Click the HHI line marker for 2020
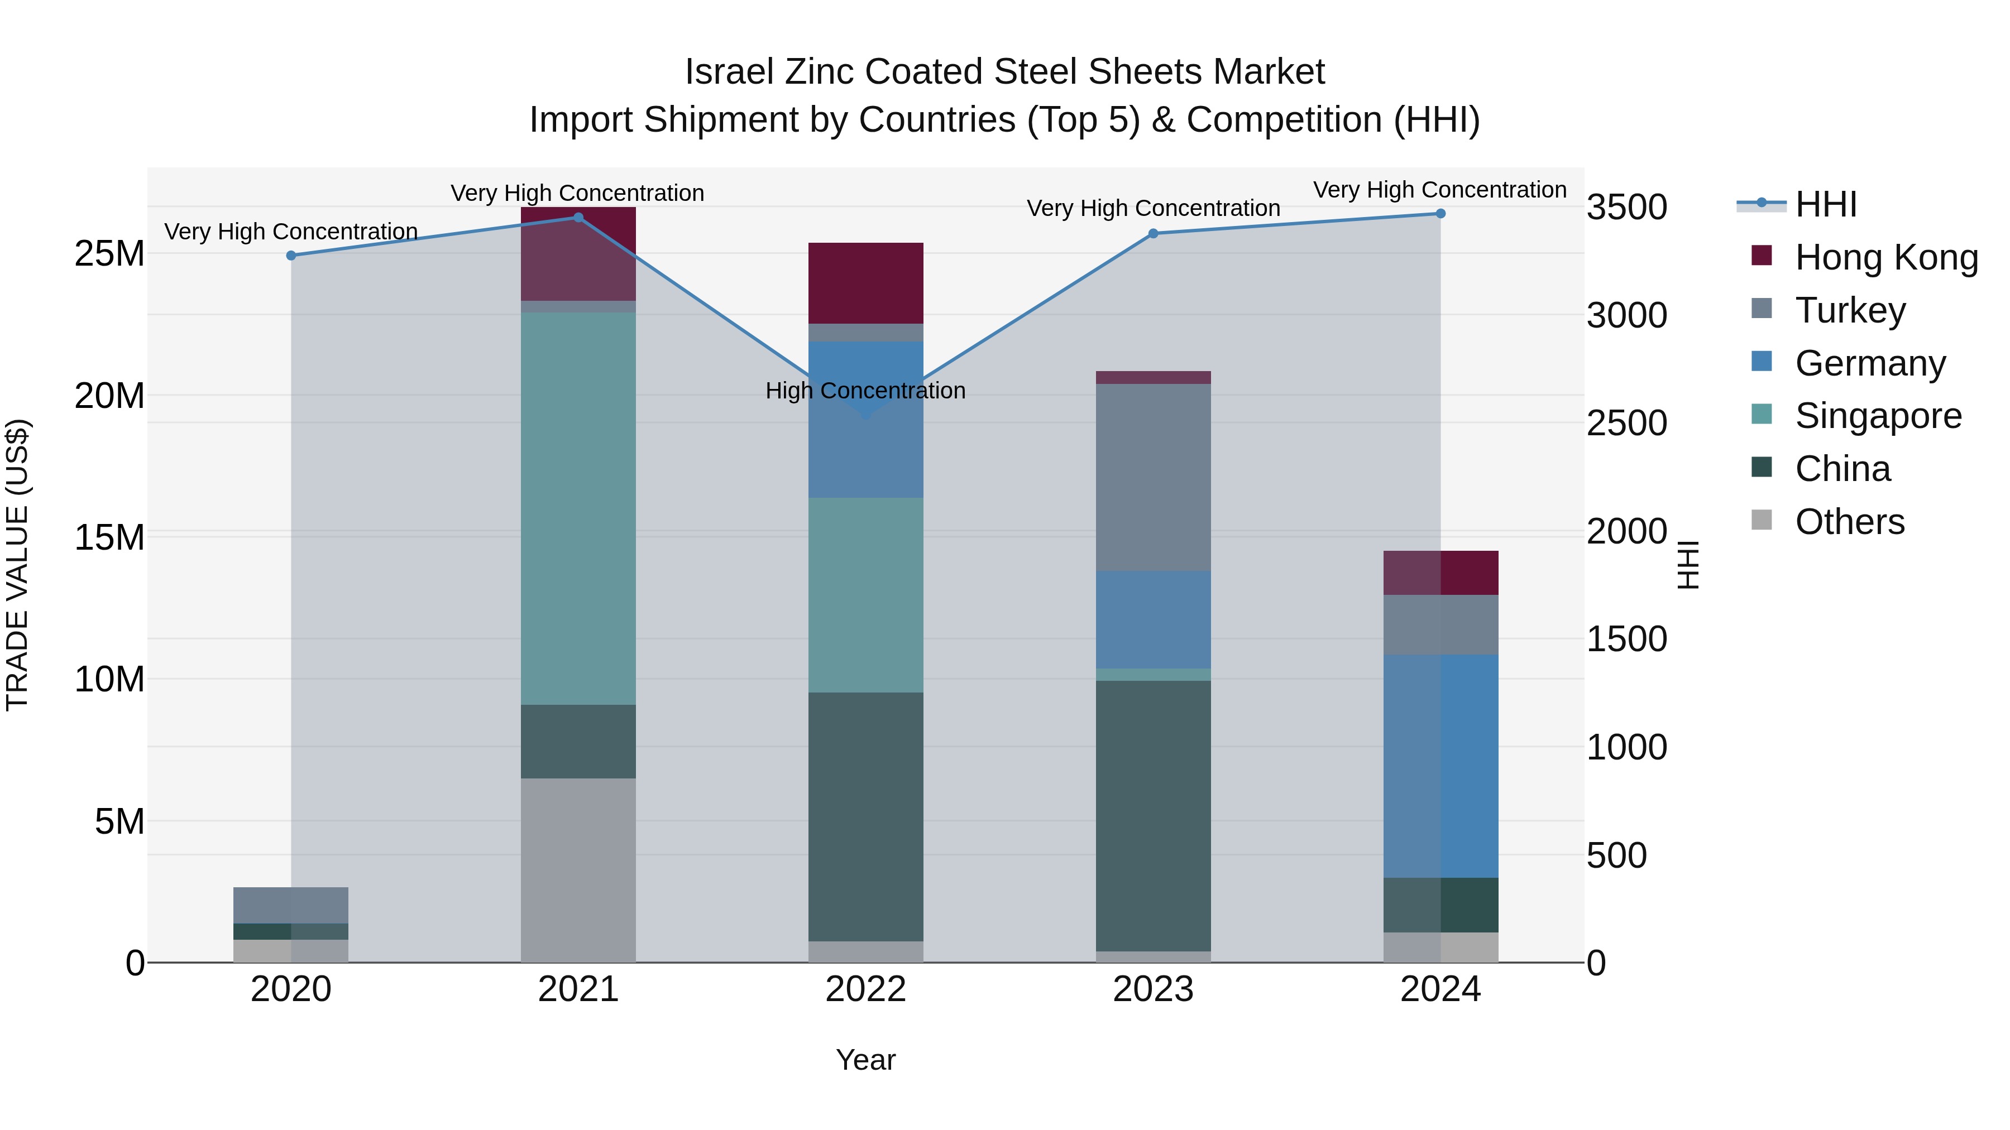(291, 256)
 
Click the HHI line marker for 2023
(1154, 234)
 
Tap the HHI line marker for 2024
(1440, 214)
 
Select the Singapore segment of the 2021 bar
(578, 508)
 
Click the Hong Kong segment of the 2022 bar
(865, 283)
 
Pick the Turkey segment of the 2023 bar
(1154, 477)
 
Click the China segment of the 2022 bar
(865, 816)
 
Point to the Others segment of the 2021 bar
(578, 869)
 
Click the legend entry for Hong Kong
(1886, 257)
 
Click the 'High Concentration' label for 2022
(865, 391)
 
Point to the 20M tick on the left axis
(109, 396)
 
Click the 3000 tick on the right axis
(1627, 316)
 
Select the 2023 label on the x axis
(1154, 989)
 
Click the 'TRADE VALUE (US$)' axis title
(17, 565)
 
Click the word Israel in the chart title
(730, 72)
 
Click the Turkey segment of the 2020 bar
(291, 906)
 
